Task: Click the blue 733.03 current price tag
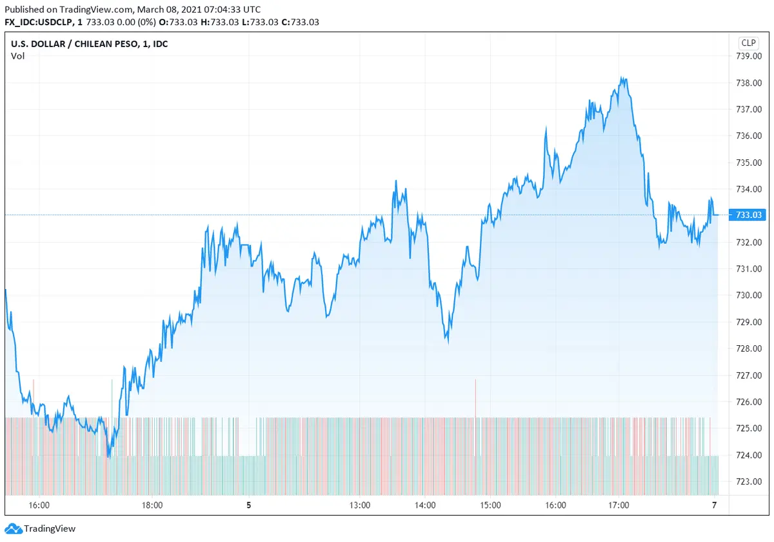748,215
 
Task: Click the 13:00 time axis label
359,506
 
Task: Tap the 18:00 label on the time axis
152,506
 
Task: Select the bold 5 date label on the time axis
249,506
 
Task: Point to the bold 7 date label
714,506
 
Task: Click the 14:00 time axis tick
425,506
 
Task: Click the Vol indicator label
18,56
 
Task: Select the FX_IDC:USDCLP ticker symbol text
37,22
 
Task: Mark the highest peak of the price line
622,78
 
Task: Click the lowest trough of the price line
108,457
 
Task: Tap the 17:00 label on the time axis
619,506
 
